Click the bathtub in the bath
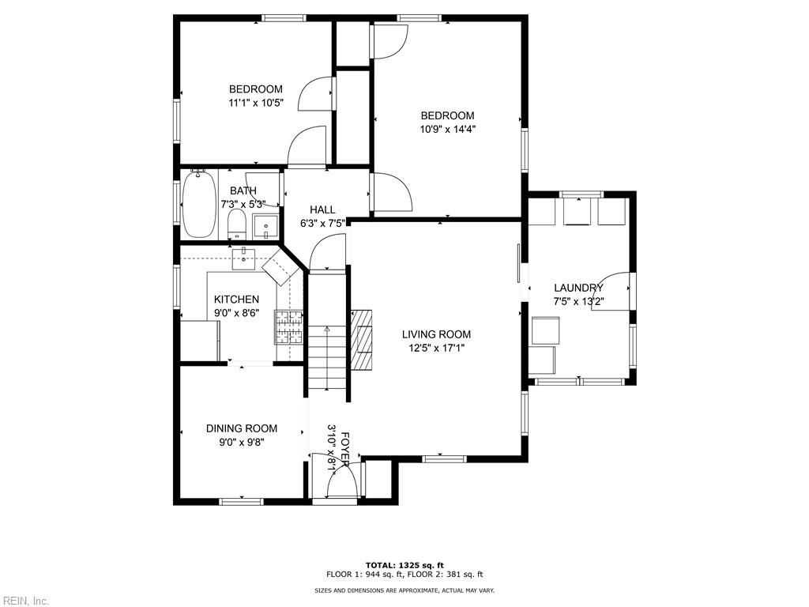(199, 204)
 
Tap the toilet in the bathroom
(237, 224)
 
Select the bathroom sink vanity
(265, 227)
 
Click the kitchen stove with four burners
(289, 327)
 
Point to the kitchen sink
(243, 258)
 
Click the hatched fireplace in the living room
(361, 340)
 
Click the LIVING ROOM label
(436, 334)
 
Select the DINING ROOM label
(242, 428)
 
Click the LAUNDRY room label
(578, 288)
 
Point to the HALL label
(322, 209)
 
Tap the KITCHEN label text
(236, 300)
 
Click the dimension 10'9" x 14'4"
(447, 129)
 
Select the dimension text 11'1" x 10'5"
(256, 103)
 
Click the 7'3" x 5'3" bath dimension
(243, 205)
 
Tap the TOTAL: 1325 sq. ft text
(404, 565)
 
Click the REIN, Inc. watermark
(24, 601)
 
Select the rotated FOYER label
(345, 449)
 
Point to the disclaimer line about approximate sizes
(404, 590)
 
